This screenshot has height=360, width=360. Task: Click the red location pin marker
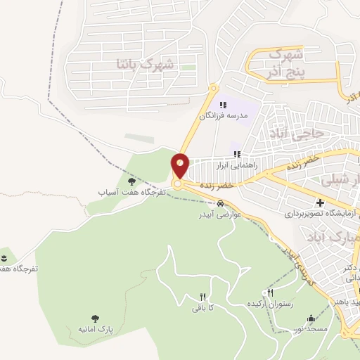pos(181,165)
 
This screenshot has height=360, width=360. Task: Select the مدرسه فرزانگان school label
pos(223,116)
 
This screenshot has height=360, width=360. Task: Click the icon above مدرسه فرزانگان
pos(223,105)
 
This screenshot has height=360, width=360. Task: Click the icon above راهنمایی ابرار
pos(238,155)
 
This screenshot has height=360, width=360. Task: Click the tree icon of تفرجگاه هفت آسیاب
pos(131,181)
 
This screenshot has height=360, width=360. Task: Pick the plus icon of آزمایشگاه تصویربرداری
pos(320,202)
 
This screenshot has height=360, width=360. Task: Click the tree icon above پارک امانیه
pos(96,319)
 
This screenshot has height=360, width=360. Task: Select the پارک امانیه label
pos(96,329)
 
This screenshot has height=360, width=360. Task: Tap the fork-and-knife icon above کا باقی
pos(202,297)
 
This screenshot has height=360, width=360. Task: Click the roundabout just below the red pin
pos(178,184)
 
